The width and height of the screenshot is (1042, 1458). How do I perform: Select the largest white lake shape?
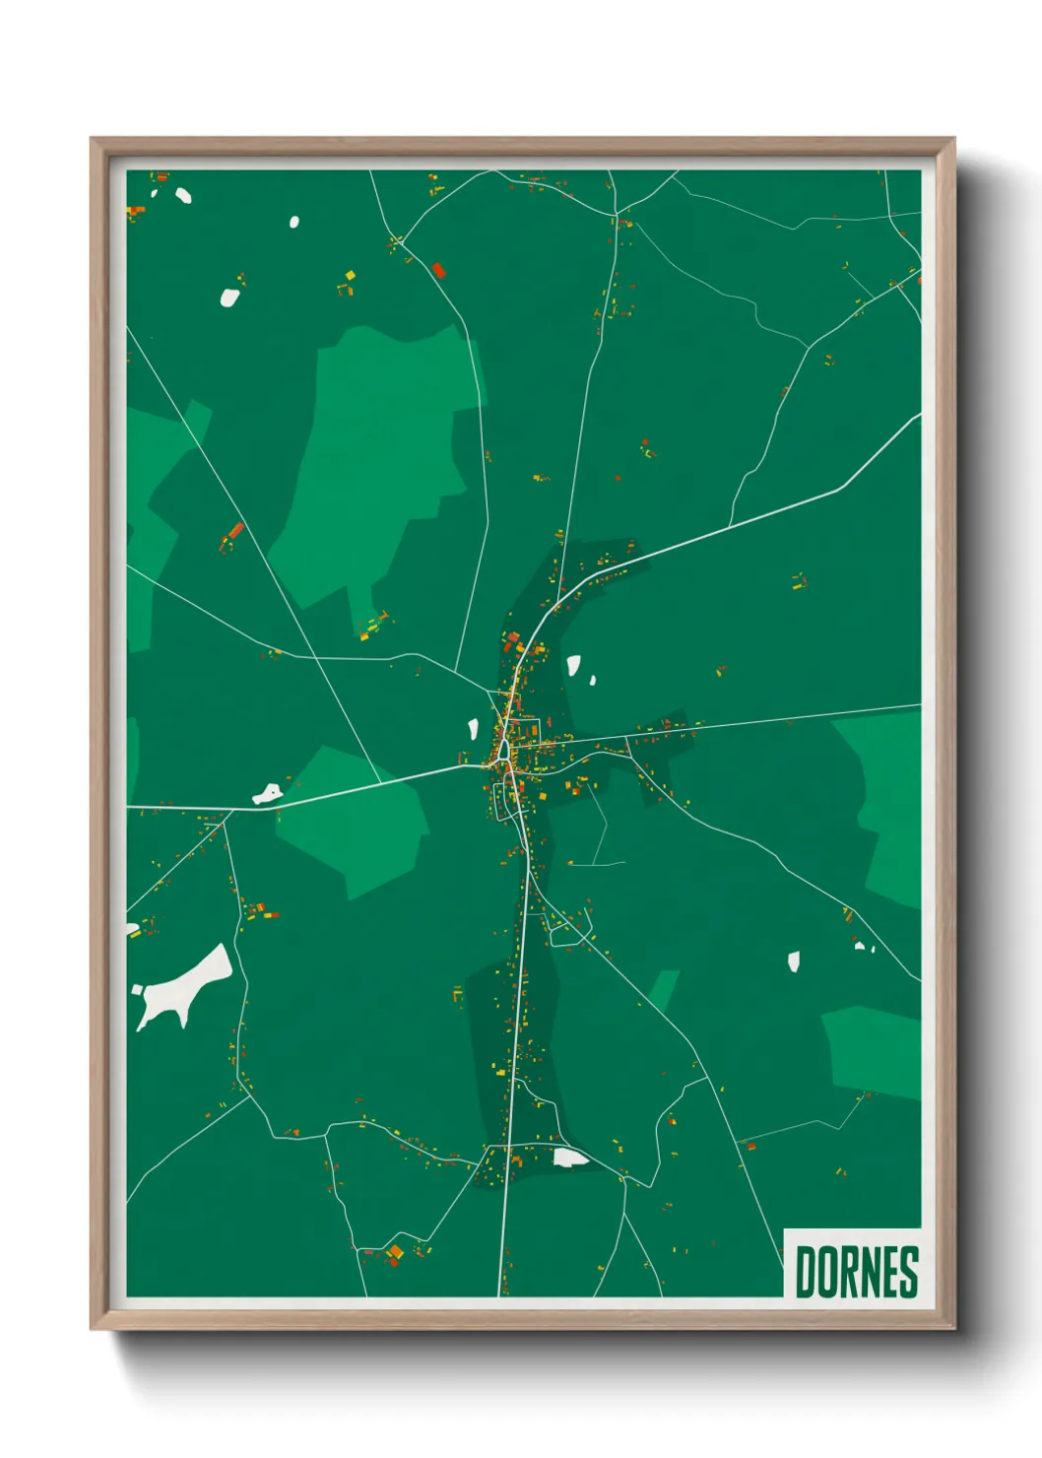pyautogui.click(x=184, y=985)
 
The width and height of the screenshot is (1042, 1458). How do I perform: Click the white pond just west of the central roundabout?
pyautogui.click(x=473, y=731)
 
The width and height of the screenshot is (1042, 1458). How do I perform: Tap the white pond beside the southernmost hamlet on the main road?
pyautogui.click(x=568, y=1157)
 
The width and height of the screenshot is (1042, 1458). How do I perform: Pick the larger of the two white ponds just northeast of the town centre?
pyautogui.click(x=573, y=665)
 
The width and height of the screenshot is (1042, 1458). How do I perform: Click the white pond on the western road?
pyautogui.click(x=266, y=793)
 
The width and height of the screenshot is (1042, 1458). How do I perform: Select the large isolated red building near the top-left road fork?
pyautogui.click(x=438, y=269)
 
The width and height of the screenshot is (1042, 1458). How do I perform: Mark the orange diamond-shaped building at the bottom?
pyautogui.click(x=396, y=1252)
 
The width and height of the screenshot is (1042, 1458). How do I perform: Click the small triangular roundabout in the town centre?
pyautogui.click(x=503, y=752)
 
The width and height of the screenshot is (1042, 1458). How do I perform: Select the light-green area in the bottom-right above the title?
pyautogui.click(x=874, y=1051)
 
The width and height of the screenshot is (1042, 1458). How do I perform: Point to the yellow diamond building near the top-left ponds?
pyautogui.click(x=350, y=276)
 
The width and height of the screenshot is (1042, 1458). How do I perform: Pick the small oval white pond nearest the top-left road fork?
pyautogui.click(x=293, y=222)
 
